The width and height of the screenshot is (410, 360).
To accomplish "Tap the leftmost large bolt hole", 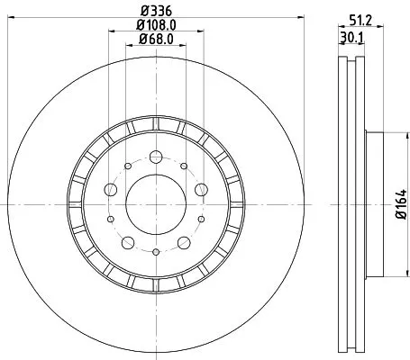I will (110, 190).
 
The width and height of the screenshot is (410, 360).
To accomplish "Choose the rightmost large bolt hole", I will (200, 190).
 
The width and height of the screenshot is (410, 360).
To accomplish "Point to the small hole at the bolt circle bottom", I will (155, 252).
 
